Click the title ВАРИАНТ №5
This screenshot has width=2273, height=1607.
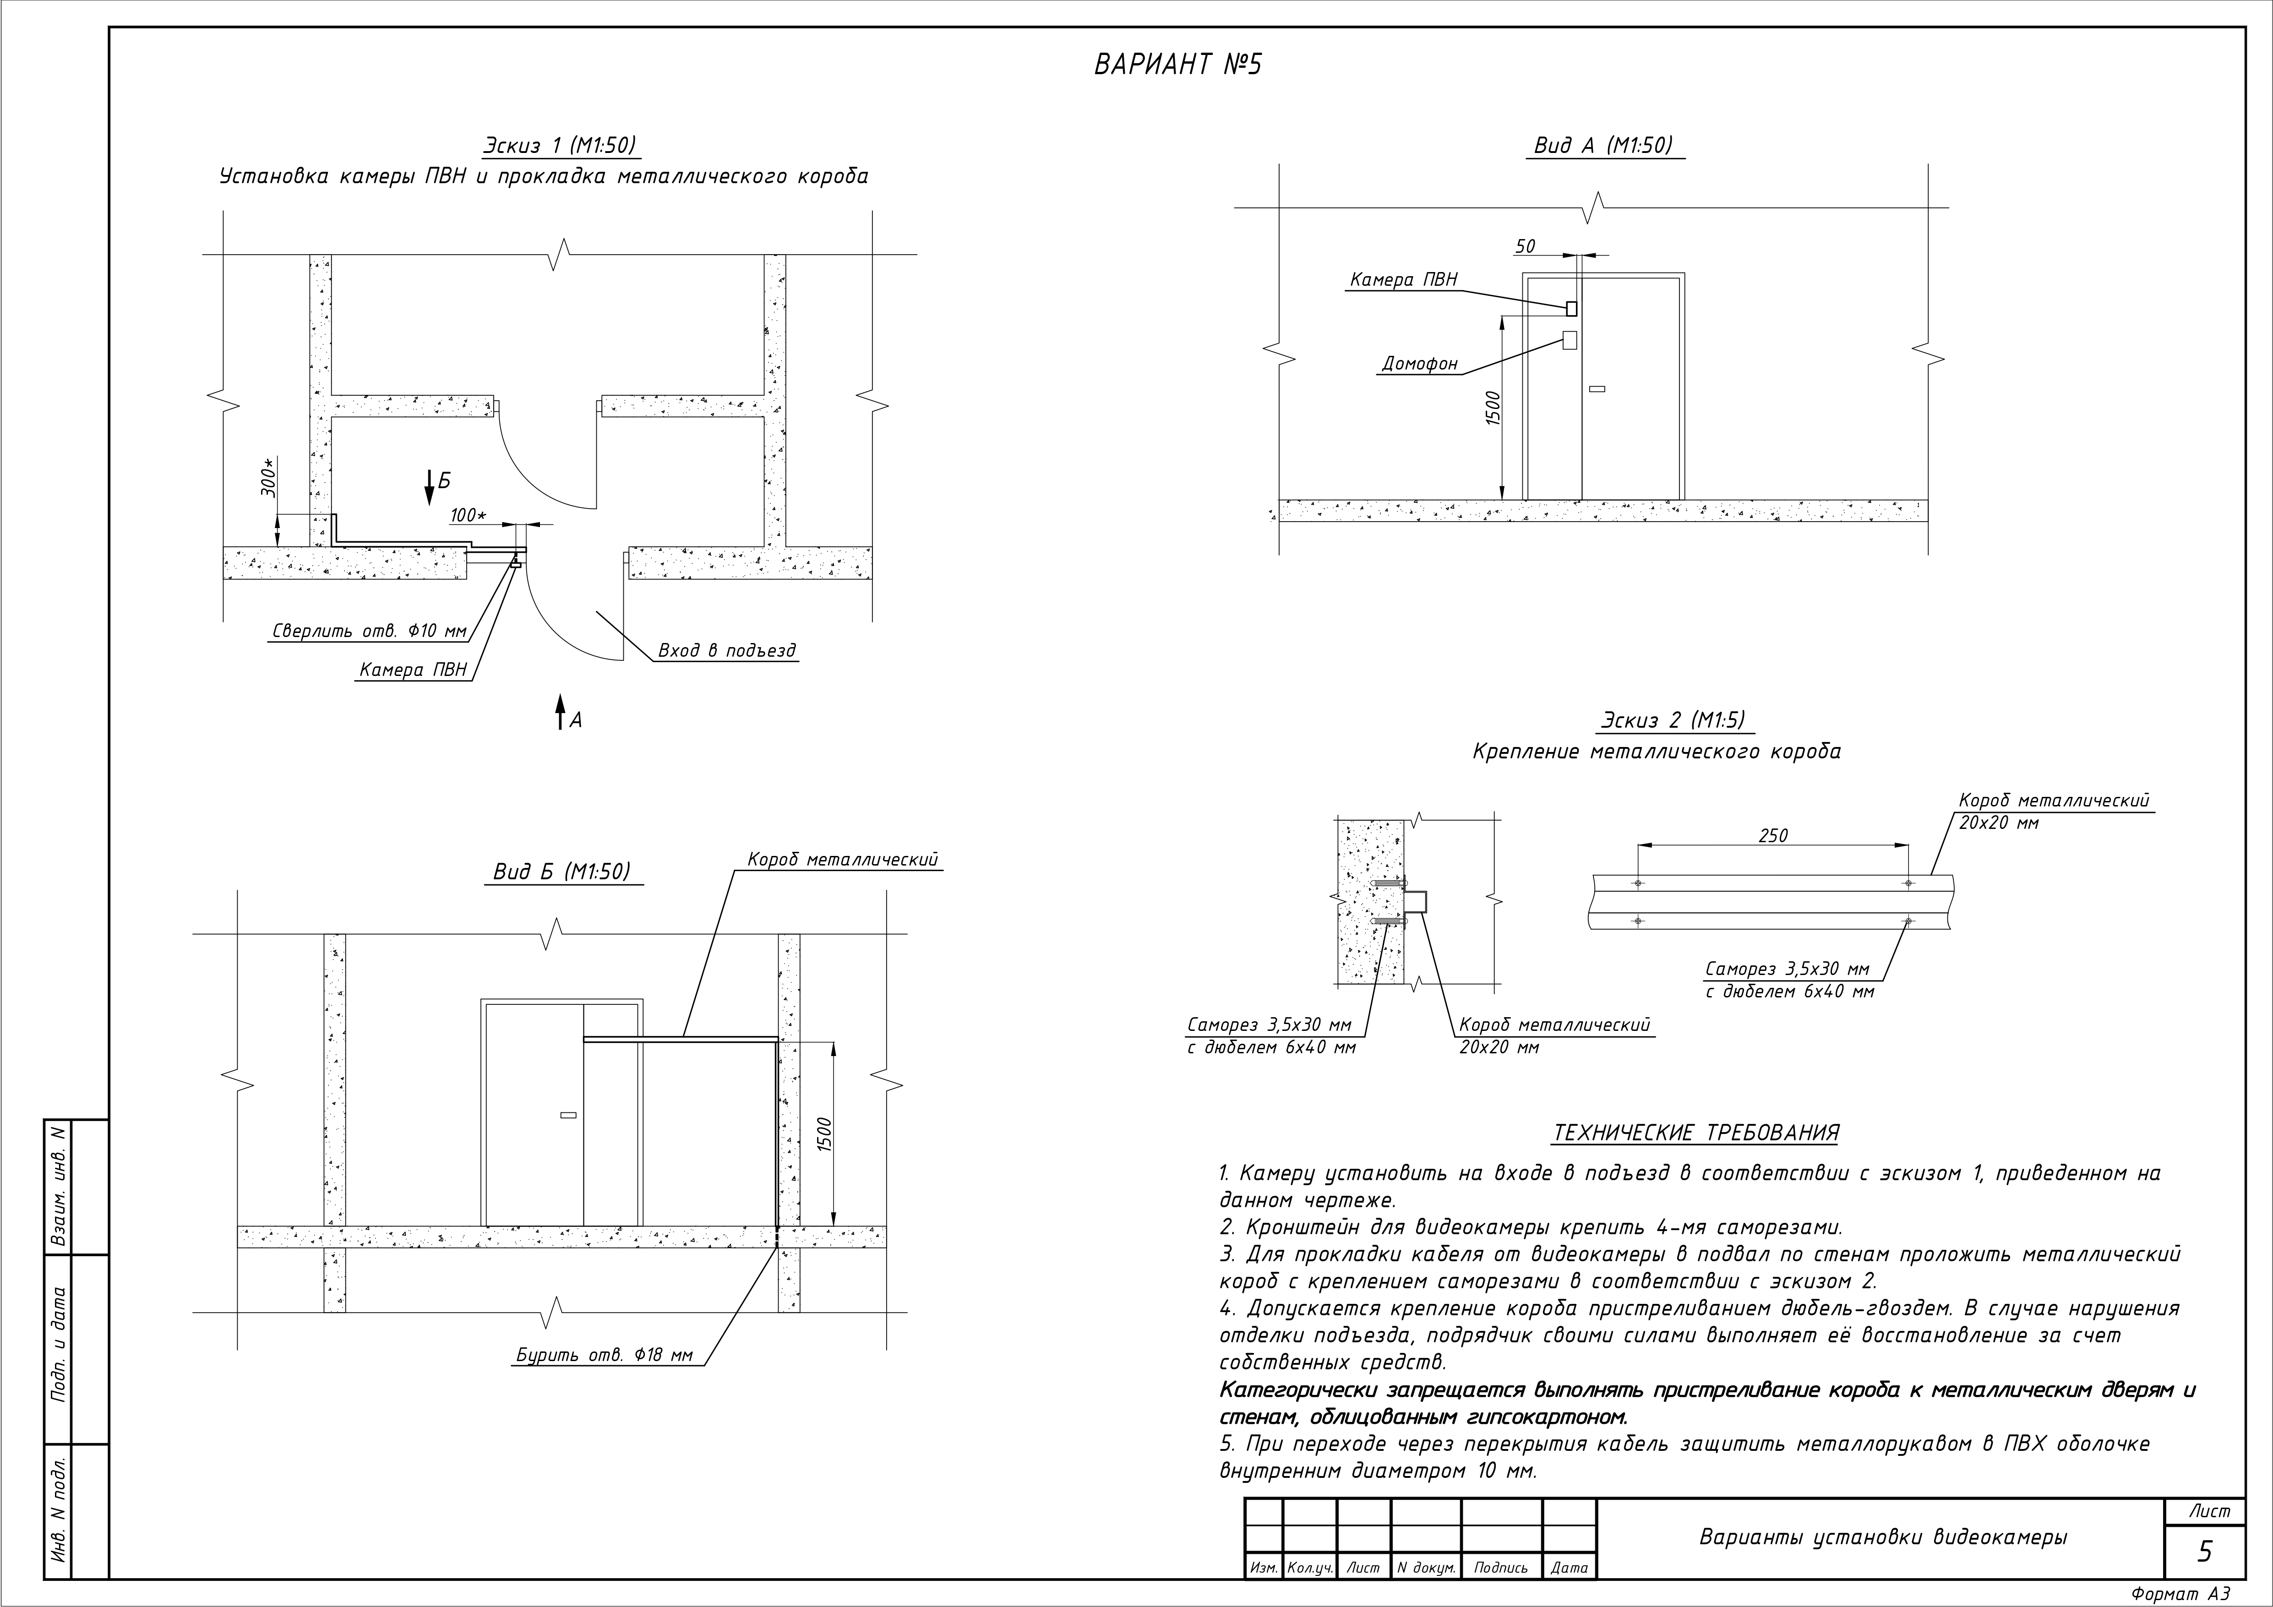click(1178, 65)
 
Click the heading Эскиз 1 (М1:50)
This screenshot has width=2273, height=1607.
click(559, 146)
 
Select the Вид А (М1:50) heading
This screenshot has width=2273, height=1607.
click(1603, 146)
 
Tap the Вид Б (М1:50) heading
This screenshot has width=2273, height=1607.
click(561, 872)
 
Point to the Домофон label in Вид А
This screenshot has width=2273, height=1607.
click(1420, 365)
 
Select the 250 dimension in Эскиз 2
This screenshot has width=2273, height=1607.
click(1773, 836)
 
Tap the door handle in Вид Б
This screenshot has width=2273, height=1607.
click(567, 1116)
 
